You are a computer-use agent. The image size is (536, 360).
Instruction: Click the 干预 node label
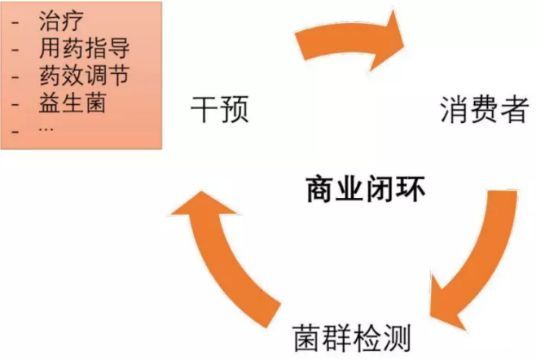218,109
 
